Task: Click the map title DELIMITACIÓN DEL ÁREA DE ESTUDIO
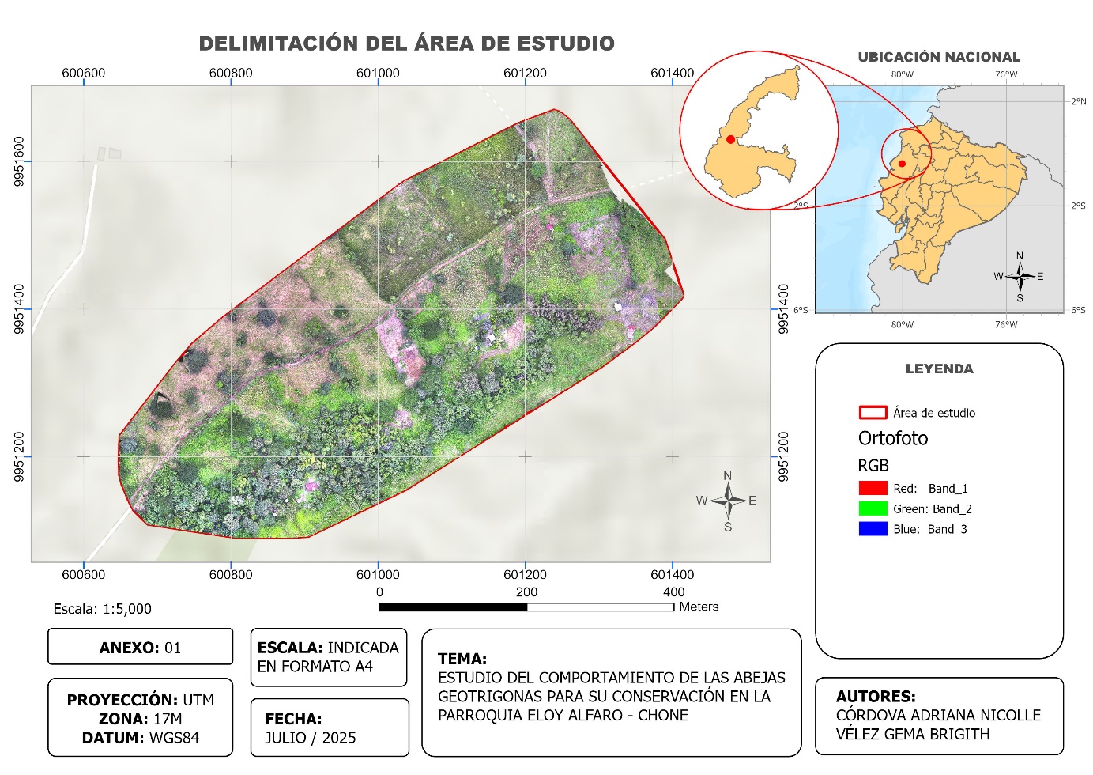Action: (x=406, y=43)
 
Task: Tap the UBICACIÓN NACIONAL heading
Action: (x=939, y=57)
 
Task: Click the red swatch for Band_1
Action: (x=873, y=488)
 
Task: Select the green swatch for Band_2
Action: (x=873, y=508)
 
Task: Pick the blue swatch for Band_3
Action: (x=873, y=529)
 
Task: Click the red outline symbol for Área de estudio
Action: (x=873, y=412)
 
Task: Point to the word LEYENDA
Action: (x=939, y=369)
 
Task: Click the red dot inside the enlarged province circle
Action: (x=730, y=140)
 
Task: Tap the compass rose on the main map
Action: (x=728, y=501)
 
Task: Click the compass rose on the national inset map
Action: (x=1020, y=276)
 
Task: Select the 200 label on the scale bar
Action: (x=526, y=592)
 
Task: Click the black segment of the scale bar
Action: (x=453, y=607)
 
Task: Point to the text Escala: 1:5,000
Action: (x=102, y=609)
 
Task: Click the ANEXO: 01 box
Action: (x=140, y=648)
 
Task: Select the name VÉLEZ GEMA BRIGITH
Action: (x=912, y=734)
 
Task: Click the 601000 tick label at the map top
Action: (x=378, y=73)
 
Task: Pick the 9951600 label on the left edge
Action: (x=19, y=162)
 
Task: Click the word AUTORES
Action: (x=875, y=696)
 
